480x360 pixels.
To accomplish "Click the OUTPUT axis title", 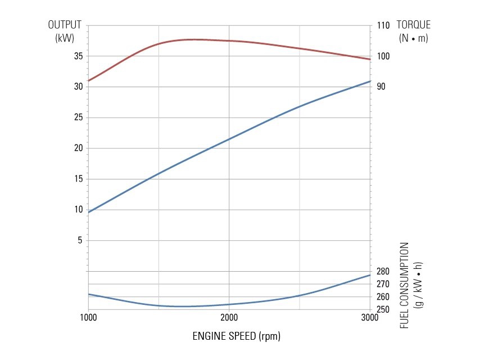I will (65, 25).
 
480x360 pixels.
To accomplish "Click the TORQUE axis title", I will (413, 25).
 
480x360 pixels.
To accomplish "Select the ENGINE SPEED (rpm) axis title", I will (236, 336).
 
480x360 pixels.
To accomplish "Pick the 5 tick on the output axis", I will (79, 240).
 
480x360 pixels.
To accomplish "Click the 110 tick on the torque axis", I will (383, 26).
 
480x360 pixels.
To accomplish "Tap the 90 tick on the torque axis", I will (382, 87).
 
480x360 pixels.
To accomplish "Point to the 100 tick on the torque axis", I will (383, 56).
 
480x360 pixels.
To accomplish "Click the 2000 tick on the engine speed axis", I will (229, 318).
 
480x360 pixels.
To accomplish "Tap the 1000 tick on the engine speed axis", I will (88, 318).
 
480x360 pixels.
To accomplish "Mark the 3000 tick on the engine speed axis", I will (369, 318).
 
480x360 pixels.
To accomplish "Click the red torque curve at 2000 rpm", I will (229, 40).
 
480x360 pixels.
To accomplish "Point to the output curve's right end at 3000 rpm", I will (369, 82).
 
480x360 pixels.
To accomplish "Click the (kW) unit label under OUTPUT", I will (65, 38).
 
